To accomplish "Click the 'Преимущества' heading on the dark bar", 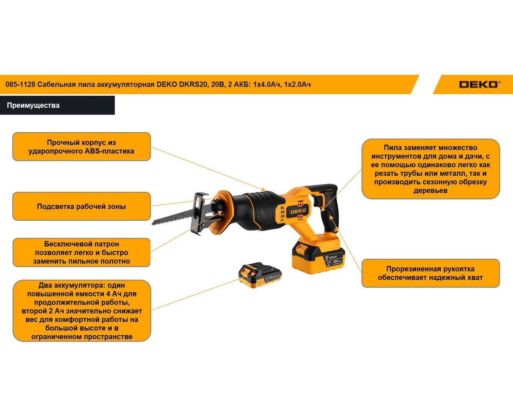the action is [33, 105].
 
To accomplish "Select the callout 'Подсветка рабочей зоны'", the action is [82, 206].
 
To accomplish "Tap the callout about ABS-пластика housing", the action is [82, 147].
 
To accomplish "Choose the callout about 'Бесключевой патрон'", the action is [82, 252].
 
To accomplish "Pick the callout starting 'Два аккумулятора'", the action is [82, 311].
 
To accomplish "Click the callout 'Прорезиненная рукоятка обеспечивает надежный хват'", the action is [430, 273].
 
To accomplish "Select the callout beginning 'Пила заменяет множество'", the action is [430, 169].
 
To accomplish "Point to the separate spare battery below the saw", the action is [260, 275].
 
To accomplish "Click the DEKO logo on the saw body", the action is [298, 211].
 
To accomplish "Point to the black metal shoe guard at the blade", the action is [200, 213].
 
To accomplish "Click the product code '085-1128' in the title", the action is [20, 84].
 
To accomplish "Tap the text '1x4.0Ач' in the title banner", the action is [267, 84].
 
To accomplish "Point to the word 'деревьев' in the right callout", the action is [430, 190].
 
